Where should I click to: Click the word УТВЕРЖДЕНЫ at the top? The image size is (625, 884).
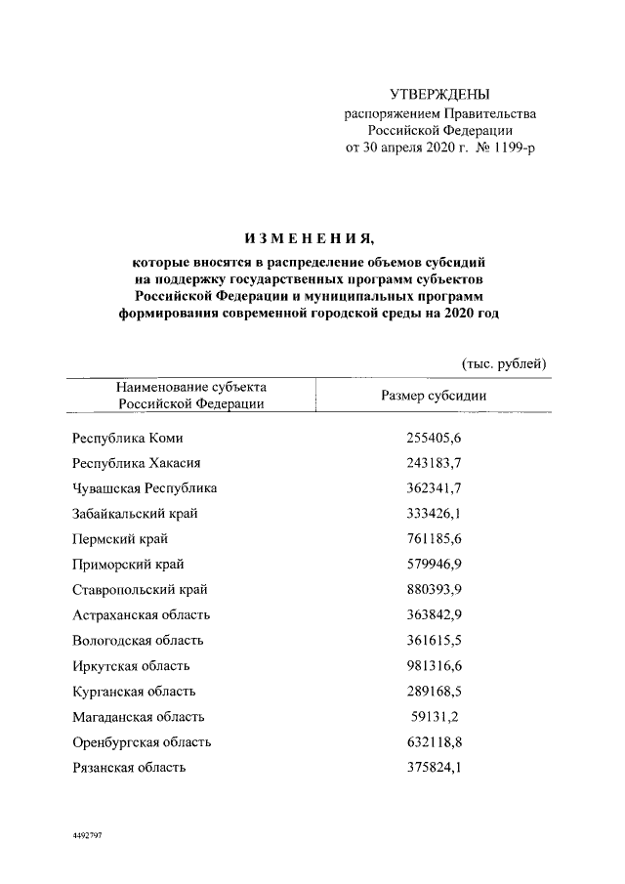pos(439,95)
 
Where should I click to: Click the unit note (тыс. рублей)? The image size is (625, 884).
pos(503,364)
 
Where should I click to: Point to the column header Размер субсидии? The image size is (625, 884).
pos(433,396)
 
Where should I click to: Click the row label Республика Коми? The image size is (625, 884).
pos(127,440)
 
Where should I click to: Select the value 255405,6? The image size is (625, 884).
pos(433,440)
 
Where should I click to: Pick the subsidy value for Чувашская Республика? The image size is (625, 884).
pos(433,487)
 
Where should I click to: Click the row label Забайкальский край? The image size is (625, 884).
pos(137,514)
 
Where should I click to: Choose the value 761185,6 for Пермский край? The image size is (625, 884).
pos(433,539)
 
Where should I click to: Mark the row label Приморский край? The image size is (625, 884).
pos(129,565)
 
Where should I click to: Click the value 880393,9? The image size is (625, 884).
pos(433,590)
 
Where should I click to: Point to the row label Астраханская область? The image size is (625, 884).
pos(142,615)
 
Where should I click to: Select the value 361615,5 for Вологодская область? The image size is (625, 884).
pos(433,641)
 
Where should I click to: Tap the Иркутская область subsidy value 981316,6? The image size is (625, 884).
pos(433,666)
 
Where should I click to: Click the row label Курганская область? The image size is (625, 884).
pos(132,692)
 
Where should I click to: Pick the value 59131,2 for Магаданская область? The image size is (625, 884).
pos(437,717)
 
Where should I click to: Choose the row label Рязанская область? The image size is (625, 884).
pos(129,768)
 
